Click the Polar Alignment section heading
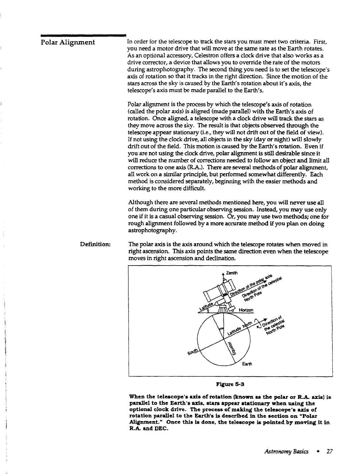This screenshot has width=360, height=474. [x=68, y=42]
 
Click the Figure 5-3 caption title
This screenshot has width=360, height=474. [x=230, y=384]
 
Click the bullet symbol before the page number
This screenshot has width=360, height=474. [x=319, y=451]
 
